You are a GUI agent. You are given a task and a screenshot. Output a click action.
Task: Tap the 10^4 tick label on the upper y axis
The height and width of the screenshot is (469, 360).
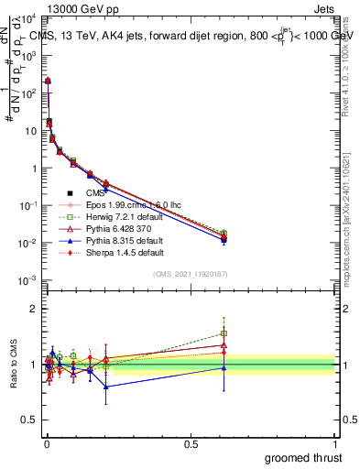[27, 18]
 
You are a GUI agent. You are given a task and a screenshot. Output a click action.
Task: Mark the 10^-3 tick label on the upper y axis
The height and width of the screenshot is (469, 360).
[27, 280]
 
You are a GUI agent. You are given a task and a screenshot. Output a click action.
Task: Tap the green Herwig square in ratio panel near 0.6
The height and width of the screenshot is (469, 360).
[224, 333]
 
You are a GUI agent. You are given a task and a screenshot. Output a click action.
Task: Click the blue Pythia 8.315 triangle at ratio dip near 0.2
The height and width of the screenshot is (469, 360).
[106, 387]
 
